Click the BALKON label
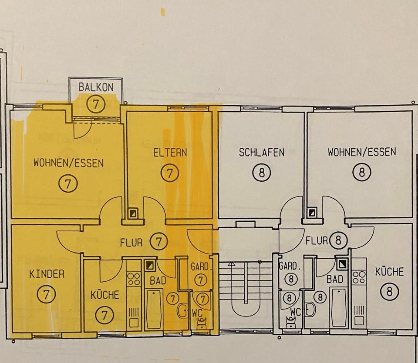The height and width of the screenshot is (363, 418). point(96,87)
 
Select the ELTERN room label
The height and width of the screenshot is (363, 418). point(170,153)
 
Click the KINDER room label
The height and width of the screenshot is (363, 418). point(47,274)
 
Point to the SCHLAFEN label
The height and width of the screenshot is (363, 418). point(262,153)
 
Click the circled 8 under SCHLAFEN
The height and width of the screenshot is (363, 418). point(261,173)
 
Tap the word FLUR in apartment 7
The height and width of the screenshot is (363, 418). point(131,242)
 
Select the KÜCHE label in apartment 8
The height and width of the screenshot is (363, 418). point(389,272)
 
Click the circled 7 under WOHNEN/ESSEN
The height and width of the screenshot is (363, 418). point(68,183)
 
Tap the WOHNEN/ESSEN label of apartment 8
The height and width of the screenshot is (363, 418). point(362,152)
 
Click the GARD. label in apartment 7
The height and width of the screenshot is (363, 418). point(200,267)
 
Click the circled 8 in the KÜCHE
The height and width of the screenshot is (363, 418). point(389,291)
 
